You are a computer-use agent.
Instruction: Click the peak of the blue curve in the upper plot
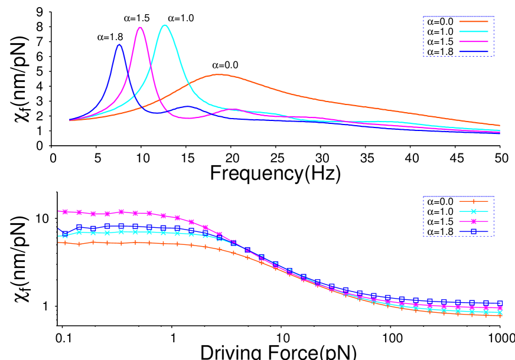tap(119, 44)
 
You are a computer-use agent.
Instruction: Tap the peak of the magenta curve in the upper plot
tap(140, 27)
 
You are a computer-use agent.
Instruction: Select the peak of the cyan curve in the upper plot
tap(165, 25)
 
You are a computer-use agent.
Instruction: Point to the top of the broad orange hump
tap(218, 74)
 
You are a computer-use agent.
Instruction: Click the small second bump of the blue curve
tap(187, 106)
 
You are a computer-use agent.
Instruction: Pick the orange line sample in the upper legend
tap(474, 21)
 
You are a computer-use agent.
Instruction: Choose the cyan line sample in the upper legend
tap(474, 31)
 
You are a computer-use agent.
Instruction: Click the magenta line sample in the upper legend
tap(474, 41)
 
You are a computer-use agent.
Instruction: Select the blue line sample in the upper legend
tap(474, 51)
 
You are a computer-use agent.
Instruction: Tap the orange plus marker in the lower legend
tap(474, 201)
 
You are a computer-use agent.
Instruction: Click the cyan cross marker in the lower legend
tap(474, 211)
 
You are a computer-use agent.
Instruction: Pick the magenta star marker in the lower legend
tap(474, 221)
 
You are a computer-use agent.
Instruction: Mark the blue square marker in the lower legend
tap(474, 231)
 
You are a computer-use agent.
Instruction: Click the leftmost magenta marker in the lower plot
tap(65, 211)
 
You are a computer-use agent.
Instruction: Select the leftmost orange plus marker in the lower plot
tap(65, 243)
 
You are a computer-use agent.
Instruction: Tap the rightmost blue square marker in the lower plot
tap(500, 303)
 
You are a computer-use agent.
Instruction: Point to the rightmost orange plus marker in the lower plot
tap(500, 315)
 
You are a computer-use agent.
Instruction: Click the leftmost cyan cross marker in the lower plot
tap(65, 235)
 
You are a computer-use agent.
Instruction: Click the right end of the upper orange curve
tap(500, 126)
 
